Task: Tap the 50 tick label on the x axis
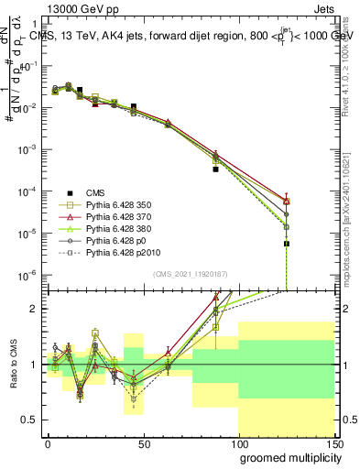click(x=143, y=442)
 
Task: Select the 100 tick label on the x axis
click(x=238, y=442)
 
